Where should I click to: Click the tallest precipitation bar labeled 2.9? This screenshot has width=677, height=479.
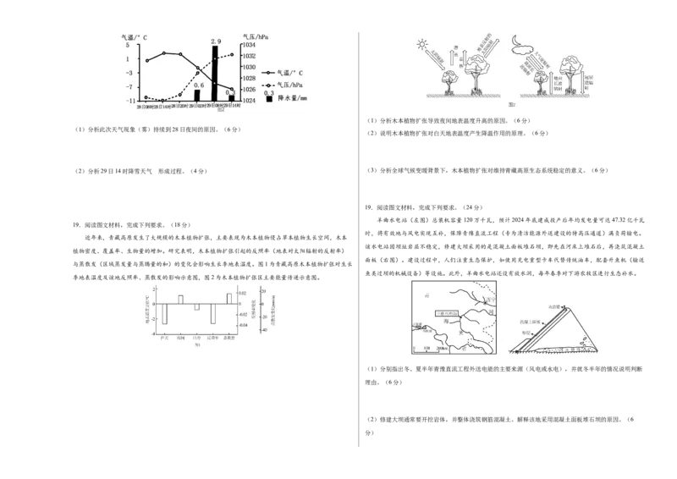[215, 73]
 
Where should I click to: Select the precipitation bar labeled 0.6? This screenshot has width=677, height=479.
[197, 95]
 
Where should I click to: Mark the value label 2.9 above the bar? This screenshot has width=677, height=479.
[216, 41]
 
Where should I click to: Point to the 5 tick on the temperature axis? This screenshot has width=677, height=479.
[127, 46]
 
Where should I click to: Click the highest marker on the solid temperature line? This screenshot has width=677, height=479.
[163, 53]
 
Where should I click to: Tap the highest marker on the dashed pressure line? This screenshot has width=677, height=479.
[232, 55]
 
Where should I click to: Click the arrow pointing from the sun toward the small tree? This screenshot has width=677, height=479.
[438, 58]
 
